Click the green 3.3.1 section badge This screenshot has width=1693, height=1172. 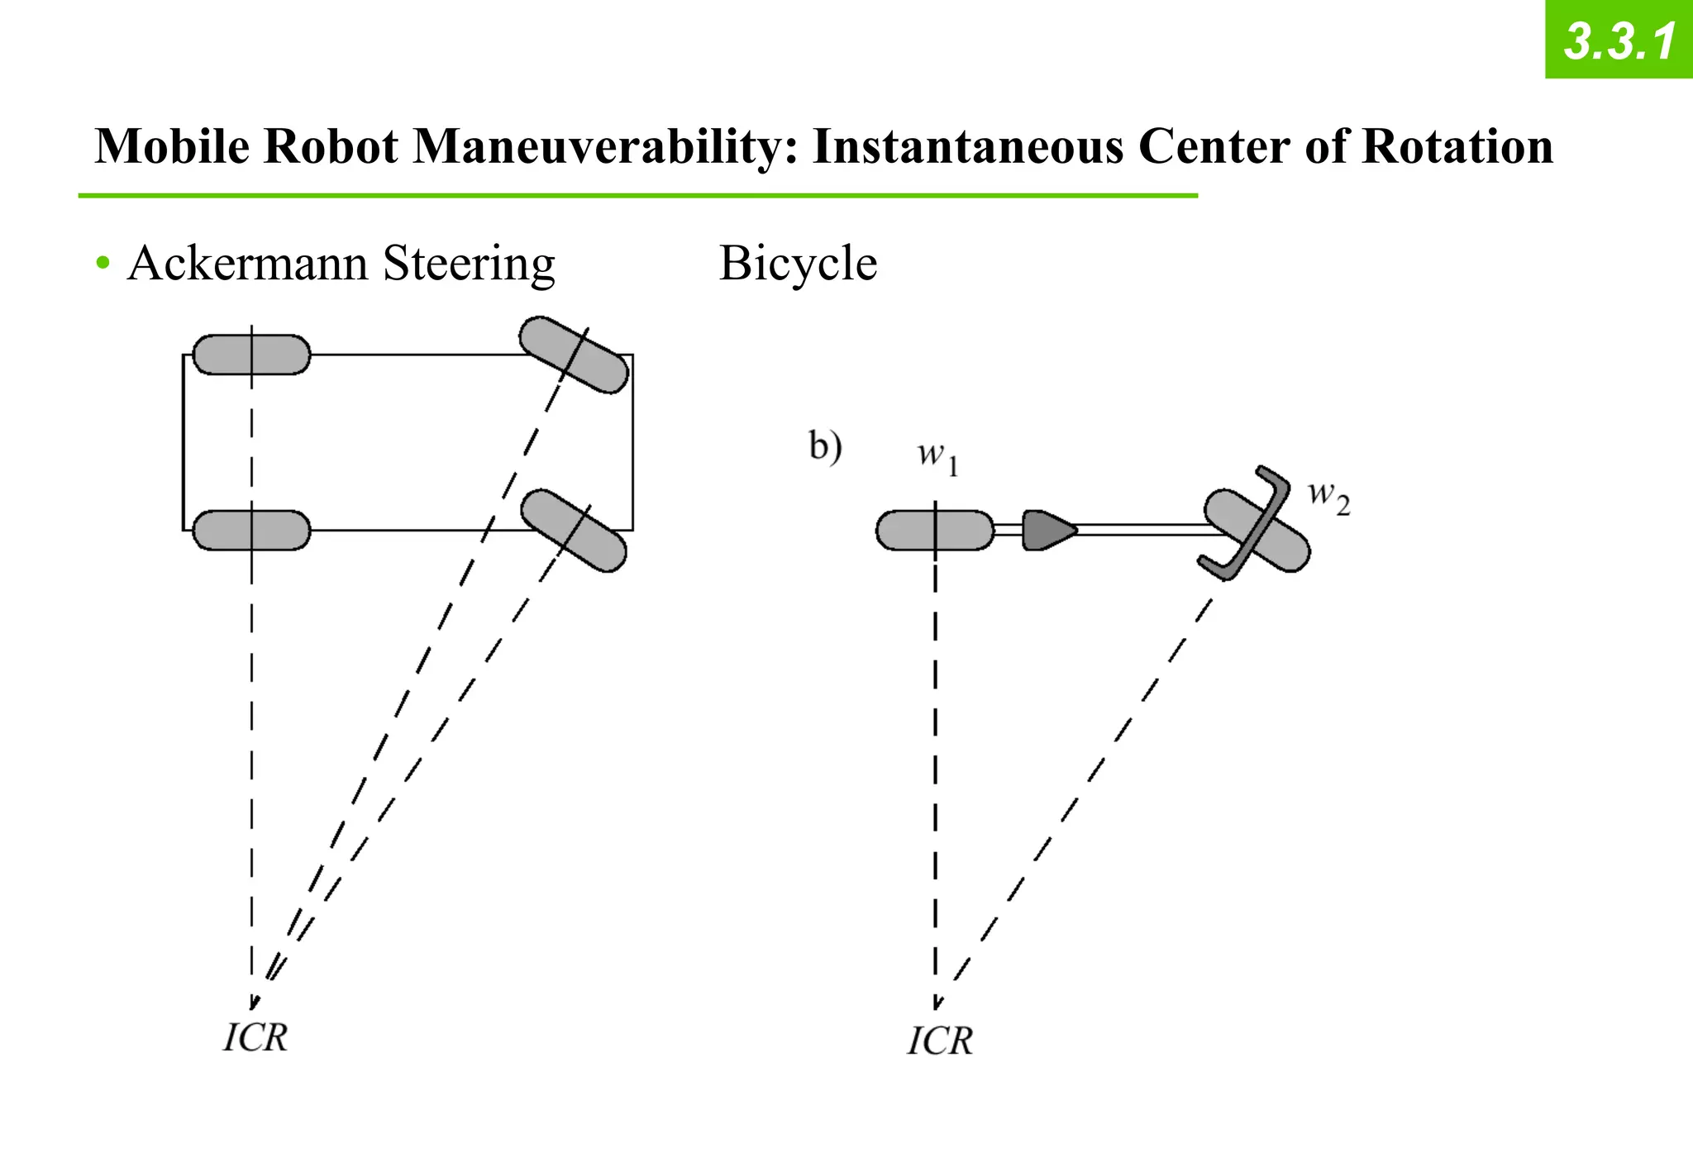1619,40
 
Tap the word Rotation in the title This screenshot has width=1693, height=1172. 1457,147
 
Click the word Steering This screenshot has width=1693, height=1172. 469,264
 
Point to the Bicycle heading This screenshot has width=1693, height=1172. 798,264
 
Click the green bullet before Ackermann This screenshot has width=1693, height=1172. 103,264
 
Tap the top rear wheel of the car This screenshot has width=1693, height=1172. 251,355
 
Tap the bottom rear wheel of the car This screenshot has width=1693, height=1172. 251,531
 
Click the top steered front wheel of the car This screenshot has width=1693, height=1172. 574,355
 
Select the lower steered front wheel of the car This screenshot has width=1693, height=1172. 573,531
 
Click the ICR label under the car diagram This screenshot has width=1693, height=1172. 255,1038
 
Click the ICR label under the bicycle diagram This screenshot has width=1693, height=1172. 940,1041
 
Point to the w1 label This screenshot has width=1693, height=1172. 937,456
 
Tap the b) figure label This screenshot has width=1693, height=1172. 824,447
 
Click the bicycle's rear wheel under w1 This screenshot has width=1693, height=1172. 935,531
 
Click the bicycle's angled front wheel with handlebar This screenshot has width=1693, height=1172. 1256,529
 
